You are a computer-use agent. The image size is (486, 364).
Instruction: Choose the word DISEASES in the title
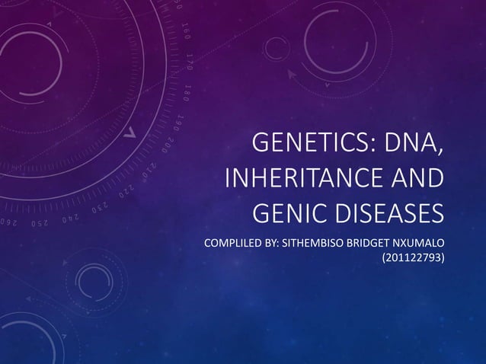pyautogui.click(x=386, y=216)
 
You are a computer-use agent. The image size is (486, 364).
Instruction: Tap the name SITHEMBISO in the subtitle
pyautogui.click(x=305, y=244)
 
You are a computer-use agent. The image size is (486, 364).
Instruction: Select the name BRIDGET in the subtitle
pyautogui.click(x=368, y=244)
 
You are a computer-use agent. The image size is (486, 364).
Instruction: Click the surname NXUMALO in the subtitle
pyautogui.click(x=420, y=244)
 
